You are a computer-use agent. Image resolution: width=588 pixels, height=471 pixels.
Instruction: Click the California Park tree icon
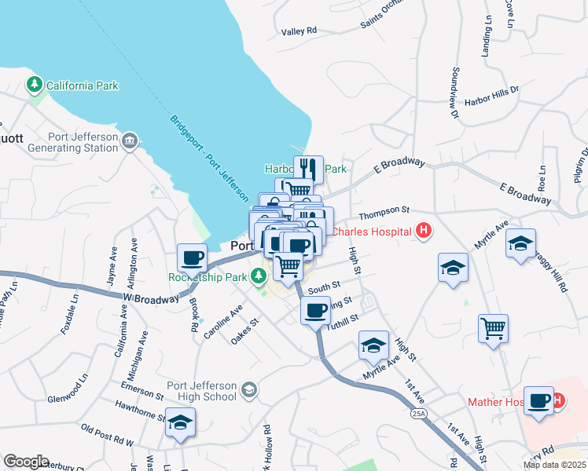tap(35, 84)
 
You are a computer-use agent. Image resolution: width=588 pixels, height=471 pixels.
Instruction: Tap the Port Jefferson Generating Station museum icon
tap(130, 141)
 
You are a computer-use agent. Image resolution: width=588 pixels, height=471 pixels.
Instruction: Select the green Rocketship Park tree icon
tap(258, 276)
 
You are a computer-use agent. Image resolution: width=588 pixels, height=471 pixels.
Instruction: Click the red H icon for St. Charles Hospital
tap(424, 231)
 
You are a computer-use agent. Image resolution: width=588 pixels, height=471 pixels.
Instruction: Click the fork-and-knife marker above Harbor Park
tap(309, 169)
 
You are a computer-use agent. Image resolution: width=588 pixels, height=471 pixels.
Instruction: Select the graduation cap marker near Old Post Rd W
tap(180, 423)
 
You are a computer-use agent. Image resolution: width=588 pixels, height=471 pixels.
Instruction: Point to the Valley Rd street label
tap(299, 31)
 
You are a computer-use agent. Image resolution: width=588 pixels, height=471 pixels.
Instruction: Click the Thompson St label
tap(384, 210)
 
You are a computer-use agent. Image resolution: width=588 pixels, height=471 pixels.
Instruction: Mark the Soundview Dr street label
tap(454, 93)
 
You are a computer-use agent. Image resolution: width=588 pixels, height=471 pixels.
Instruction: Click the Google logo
tap(26, 461)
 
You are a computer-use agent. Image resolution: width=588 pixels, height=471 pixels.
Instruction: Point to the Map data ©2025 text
tap(553, 465)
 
